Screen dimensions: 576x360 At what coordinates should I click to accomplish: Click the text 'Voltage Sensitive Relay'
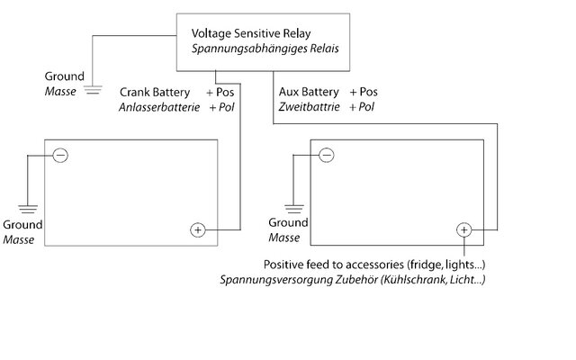251,33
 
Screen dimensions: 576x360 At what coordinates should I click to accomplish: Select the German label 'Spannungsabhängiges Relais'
265,49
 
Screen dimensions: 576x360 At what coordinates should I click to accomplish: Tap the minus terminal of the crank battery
60,155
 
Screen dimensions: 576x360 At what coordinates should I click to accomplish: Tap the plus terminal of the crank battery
198,230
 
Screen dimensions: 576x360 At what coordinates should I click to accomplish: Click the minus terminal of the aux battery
326,155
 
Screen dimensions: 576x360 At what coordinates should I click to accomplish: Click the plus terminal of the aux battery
464,230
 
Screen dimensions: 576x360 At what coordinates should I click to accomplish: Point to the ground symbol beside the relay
94,90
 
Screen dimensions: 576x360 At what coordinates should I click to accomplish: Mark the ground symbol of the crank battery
28,209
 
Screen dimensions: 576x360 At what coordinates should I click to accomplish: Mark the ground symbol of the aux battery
294,209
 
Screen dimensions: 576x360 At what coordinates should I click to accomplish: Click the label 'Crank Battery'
155,92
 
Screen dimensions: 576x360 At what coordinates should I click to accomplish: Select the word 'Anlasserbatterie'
159,107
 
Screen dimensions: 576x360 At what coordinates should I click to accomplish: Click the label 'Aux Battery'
309,92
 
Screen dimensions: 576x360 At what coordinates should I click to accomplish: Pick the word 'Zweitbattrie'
309,107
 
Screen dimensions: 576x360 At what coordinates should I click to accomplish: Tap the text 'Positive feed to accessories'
334,265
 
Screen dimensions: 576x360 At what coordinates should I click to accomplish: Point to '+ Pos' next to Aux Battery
364,92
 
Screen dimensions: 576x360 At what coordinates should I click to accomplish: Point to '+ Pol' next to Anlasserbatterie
221,107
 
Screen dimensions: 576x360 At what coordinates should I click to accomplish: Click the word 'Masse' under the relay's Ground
60,92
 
